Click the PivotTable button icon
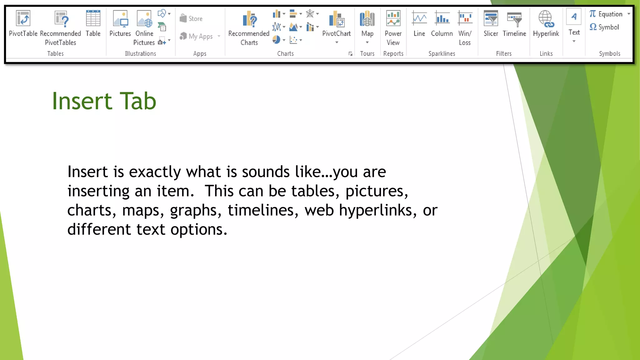tap(23, 18)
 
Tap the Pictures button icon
tap(120, 18)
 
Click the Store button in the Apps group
tap(191, 18)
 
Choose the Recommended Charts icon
tap(249, 18)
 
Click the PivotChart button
tap(337, 19)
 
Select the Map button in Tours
tap(367, 19)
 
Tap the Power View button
tap(393, 19)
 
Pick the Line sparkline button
tap(419, 19)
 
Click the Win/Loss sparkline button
tap(465, 19)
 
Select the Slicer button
tap(491, 19)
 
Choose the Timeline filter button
tap(514, 19)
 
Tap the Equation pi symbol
tap(593, 14)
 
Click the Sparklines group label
tap(442, 53)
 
